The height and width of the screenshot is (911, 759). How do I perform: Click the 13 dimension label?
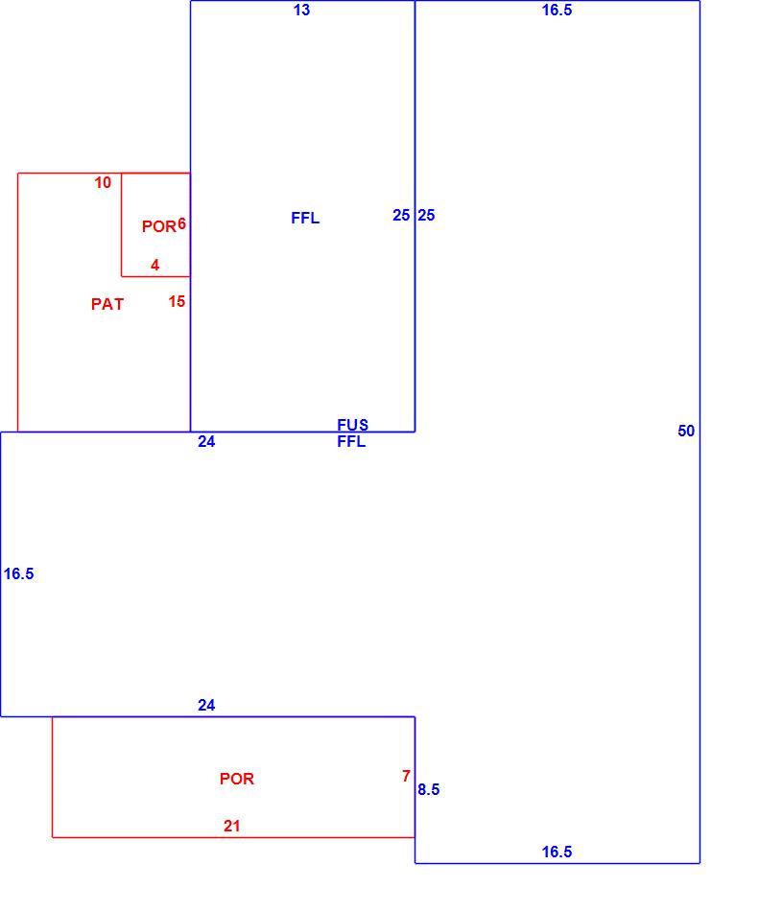tap(301, 10)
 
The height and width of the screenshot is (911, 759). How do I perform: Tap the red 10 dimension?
tap(103, 183)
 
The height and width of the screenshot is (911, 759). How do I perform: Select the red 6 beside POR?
tap(182, 223)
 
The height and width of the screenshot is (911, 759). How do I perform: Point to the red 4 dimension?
tap(154, 265)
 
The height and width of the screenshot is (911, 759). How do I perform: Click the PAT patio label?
tap(107, 304)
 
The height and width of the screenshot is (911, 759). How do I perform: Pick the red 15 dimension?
tap(177, 301)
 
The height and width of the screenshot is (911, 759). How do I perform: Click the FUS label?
tap(352, 425)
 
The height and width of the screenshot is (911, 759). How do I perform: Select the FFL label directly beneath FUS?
tap(351, 441)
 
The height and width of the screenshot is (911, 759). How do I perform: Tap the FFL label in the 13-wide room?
tap(305, 218)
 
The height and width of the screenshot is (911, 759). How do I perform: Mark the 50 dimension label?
tap(686, 432)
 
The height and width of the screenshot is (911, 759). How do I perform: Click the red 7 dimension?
tap(406, 776)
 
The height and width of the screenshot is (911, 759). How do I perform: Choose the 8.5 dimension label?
tap(428, 789)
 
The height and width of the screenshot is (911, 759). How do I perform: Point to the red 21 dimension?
tap(232, 826)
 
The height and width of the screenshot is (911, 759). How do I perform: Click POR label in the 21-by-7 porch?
tap(237, 779)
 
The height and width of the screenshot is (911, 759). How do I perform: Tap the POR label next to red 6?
tap(158, 226)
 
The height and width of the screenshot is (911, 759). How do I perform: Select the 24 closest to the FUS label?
tap(206, 442)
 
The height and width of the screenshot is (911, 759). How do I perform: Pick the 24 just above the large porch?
tap(206, 706)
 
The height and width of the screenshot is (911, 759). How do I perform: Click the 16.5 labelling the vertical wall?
tap(18, 574)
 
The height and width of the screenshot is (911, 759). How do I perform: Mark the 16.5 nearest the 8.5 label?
tap(557, 852)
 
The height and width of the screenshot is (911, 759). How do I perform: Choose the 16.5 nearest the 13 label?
tap(557, 10)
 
